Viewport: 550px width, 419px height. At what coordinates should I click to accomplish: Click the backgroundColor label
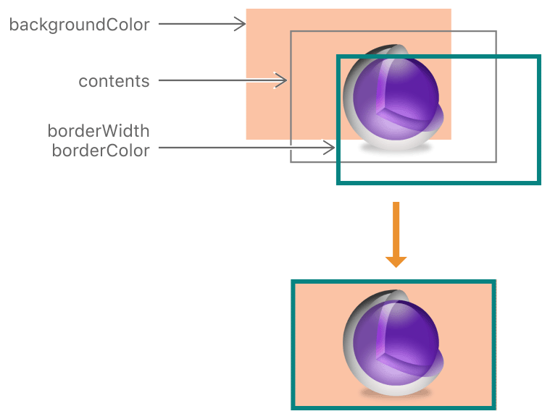click(79, 25)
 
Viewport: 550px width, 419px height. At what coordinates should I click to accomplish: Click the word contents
click(114, 80)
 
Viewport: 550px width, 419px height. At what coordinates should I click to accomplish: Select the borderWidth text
click(98, 131)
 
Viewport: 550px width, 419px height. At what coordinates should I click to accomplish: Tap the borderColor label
click(100, 151)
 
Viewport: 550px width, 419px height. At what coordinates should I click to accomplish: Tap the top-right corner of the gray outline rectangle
click(496, 32)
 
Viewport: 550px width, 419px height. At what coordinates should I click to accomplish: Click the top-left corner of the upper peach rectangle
click(247, 9)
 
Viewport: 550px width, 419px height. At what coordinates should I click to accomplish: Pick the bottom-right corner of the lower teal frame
click(495, 407)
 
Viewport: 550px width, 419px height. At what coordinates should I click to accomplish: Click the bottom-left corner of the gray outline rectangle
click(291, 161)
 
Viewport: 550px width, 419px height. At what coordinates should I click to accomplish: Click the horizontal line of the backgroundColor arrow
click(196, 25)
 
